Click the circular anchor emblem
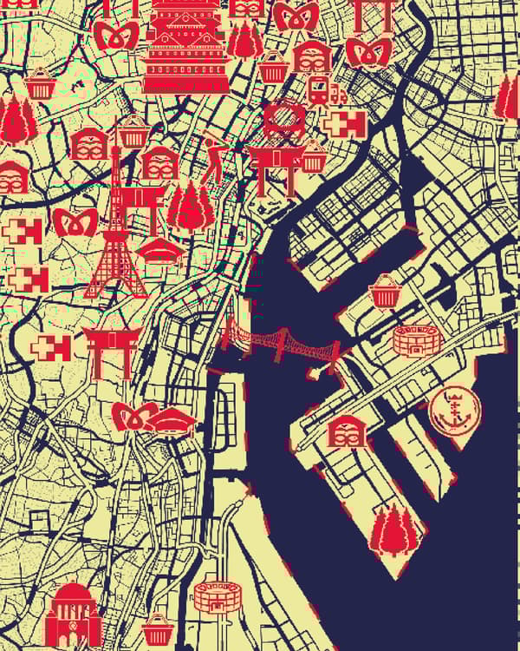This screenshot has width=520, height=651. pyautogui.click(x=452, y=409)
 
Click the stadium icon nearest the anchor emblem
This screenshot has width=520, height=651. pyautogui.click(x=412, y=339)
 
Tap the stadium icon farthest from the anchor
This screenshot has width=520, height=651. pyautogui.click(x=216, y=596)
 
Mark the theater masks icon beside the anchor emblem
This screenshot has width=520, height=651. pyautogui.click(x=346, y=431)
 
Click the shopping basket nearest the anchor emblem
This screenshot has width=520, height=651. pyautogui.click(x=383, y=292)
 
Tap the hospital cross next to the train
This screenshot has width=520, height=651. pyautogui.click(x=343, y=124)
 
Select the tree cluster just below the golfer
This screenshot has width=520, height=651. pyautogui.click(x=191, y=206)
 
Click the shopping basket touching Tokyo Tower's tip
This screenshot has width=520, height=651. pyautogui.click(x=133, y=133)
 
